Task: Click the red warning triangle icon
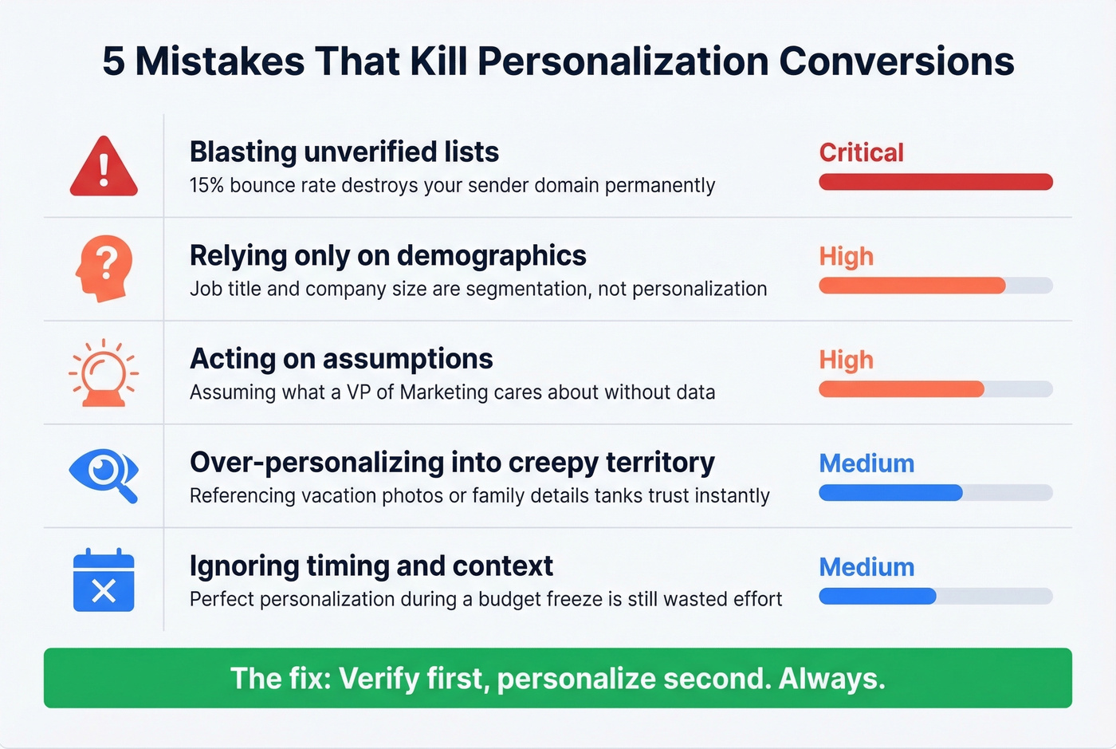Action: pyautogui.click(x=104, y=168)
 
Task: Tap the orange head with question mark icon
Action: pyautogui.click(x=104, y=268)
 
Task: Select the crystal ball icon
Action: pyautogui.click(x=104, y=373)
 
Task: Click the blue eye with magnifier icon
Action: pyautogui.click(x=104, y=475)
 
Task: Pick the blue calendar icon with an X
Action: pyautogui.click(x=104, y=580)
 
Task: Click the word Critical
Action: pyautogui.click(x=861, y=152)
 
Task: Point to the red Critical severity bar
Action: pyautogui.click(x=935, y=182)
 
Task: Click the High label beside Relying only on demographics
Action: pyautogui.click(x=846, y=256)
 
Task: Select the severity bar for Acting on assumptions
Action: pyautogui.click(x=935, y=389)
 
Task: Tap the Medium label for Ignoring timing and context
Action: pyautogui.click(x=866, y=567)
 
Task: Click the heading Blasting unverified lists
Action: pyautogui.click(x=344, y=152)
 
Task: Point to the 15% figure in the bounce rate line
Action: pyautogui.click(x=206, y=185)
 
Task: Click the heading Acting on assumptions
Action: pyautogui.click(x=341, y=359)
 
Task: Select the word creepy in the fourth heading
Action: pyautogui.click(x=552, y=463)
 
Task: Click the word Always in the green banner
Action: pyautogui.click(x=831, y=678)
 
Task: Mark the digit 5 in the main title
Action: pyautogui.click(x=113, y=61)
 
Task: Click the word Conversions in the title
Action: pyautogui.click(x=896, y=61)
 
